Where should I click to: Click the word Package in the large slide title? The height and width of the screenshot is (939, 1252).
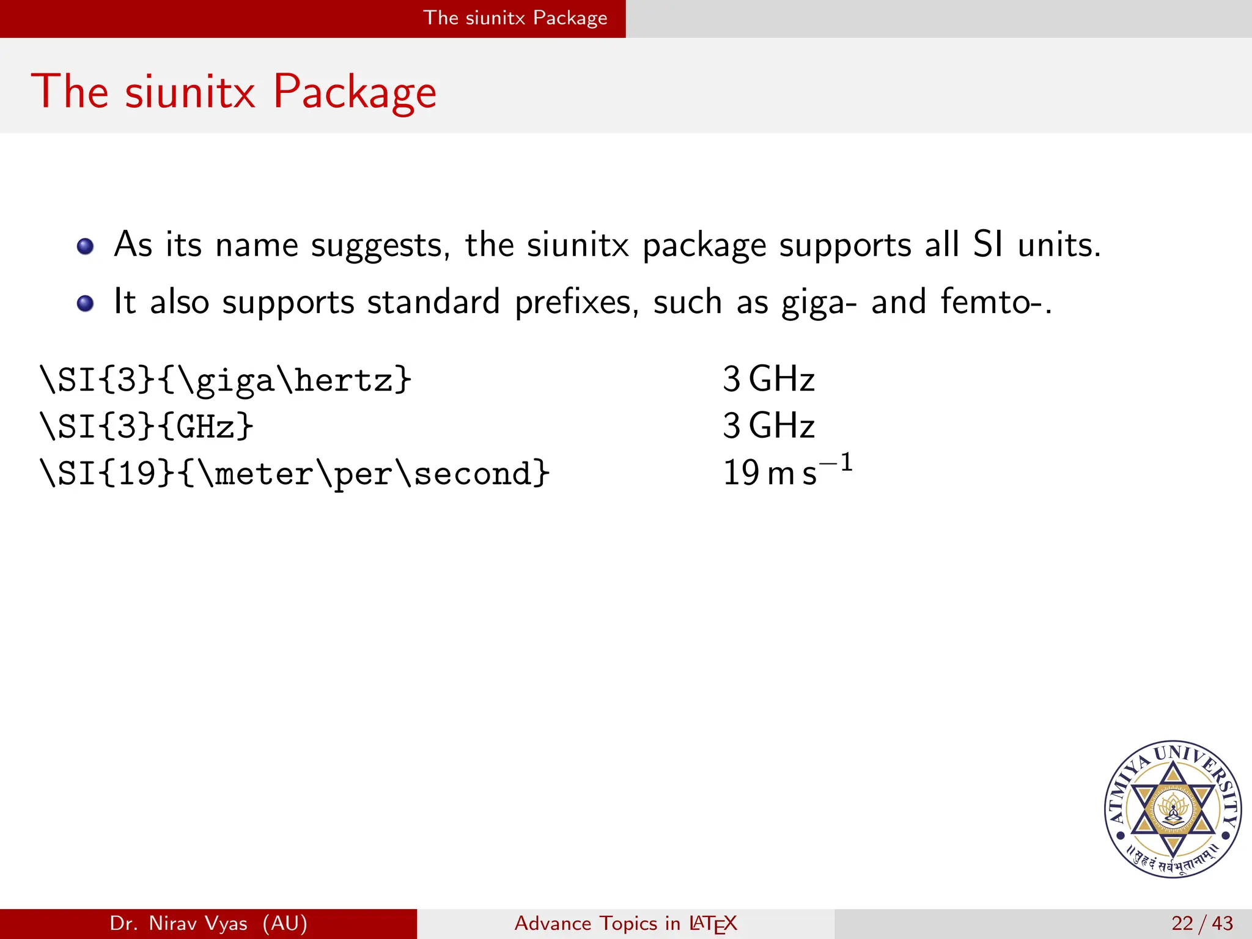[355, 93]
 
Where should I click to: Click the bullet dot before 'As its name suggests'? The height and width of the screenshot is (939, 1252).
[86, 246]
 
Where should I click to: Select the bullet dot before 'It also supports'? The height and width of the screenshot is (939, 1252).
[86, 303]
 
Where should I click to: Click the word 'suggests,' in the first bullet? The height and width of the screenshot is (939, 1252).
[380, 246]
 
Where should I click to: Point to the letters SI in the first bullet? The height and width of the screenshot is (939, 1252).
[987, 244]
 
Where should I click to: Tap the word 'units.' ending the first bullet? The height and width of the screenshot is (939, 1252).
[1059, 245]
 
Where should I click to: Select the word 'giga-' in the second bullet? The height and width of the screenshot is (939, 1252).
[819, 303]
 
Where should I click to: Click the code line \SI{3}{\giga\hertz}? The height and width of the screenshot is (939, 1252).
[226, 380]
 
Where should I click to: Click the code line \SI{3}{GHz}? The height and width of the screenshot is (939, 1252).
[146, 426]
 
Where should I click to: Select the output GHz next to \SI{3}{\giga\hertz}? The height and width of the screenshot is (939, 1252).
[781, 379]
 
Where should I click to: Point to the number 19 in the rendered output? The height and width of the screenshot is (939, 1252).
[741, 473]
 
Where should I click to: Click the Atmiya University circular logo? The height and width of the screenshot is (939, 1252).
[1173, 809]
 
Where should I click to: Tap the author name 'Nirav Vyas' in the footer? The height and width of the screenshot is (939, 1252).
[198, 923]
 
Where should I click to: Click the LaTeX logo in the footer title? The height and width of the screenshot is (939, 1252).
[713, 924]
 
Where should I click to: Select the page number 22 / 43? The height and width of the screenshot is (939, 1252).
[1202, 923]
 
